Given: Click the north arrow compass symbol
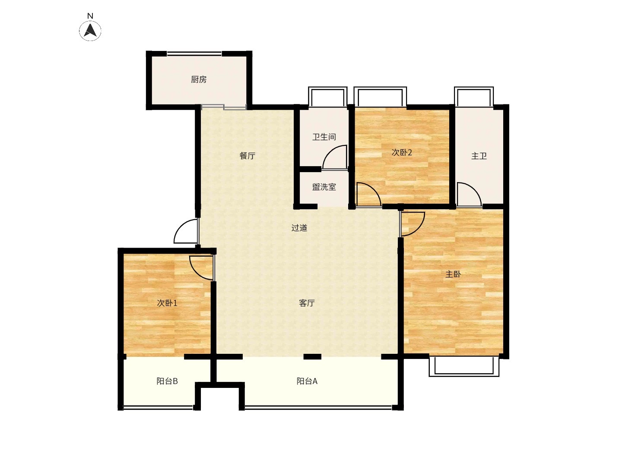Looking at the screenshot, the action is tap(90, 31).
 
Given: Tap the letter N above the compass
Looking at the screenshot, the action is tap(90, 16).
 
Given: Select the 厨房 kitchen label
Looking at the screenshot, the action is tap(198, 79).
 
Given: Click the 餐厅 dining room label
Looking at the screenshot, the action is tap(248, 156).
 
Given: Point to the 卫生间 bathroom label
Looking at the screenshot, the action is tap(324, 137).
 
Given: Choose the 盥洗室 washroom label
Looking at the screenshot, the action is tap(324, 187).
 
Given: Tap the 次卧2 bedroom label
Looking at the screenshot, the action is tap(402, 152).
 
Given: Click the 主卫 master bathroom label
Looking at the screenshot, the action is tap(479, 156).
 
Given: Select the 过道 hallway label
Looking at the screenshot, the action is tap(299, 228).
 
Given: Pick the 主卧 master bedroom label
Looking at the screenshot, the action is tap(453, 274).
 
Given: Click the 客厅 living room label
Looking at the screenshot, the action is tap(307, 303).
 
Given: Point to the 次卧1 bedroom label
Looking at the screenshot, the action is tap(167, 303).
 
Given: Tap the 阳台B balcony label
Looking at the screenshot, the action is tap(167, 381).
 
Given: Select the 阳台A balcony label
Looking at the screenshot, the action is tap(307, 381).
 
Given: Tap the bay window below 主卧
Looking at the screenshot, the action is tap(464, 367).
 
